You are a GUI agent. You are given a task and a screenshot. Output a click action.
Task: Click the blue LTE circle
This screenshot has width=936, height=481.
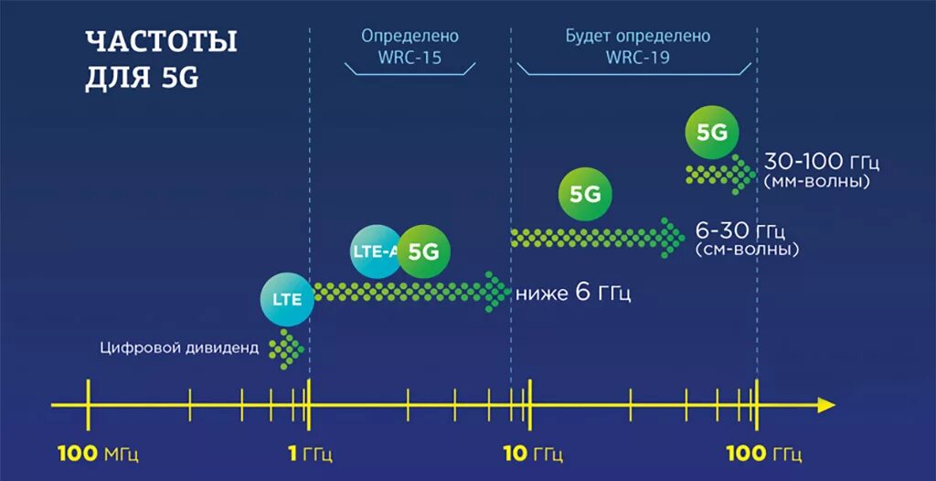287,298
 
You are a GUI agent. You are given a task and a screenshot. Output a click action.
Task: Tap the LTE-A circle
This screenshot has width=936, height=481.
375,251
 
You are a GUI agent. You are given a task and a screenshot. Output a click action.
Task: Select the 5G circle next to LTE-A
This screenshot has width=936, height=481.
424,251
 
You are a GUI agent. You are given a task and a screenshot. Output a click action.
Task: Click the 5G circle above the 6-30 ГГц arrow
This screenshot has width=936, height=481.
585,195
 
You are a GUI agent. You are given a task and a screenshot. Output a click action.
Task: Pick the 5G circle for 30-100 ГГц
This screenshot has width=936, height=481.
712,132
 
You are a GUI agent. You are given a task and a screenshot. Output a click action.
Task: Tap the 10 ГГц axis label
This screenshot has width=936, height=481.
534,454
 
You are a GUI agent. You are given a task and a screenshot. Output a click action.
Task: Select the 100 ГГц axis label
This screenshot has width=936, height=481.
764,454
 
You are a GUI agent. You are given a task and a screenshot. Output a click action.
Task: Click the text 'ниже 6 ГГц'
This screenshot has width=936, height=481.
573,294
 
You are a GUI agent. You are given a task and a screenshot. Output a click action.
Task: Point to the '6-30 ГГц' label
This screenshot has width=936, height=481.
740,230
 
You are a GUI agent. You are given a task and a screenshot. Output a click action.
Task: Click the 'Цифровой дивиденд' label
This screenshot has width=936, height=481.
180,347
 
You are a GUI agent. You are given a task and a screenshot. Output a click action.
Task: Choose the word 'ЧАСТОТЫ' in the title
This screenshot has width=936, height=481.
161,42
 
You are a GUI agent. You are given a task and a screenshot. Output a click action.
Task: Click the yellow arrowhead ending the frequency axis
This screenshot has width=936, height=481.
826,404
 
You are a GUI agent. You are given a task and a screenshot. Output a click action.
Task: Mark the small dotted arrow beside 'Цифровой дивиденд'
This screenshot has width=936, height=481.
288,348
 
